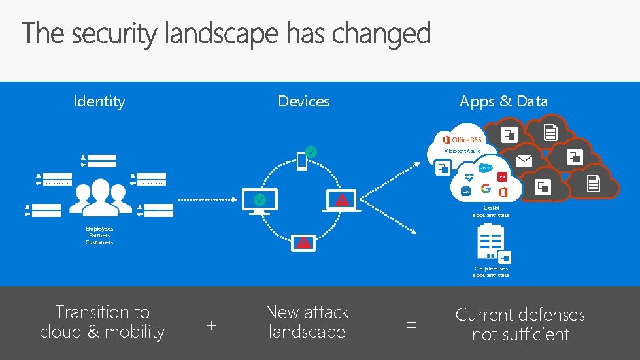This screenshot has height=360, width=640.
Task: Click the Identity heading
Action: pos(99,101)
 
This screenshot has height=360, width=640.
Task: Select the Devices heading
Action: pos(304,101)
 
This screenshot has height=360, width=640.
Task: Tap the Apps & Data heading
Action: pos(503,101)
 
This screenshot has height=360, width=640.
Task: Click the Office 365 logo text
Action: pos(466,140)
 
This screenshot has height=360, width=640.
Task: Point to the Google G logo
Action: pos(486,189)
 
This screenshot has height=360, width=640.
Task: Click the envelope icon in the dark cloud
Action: pos(524,161)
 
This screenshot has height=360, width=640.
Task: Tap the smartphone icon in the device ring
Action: pos(302,161)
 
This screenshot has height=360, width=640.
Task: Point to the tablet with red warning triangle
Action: pos(303,242)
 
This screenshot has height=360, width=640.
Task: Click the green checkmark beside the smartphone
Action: pos(312,152)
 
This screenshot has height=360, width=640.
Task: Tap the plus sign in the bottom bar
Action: pos(211,324)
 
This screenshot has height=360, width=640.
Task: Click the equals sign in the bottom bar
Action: pos(411,324)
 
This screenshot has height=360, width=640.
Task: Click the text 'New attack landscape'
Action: pos(307,322)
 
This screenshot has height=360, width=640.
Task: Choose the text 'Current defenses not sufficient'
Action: pos(520,325)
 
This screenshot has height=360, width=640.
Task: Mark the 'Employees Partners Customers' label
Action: pos(99,236)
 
